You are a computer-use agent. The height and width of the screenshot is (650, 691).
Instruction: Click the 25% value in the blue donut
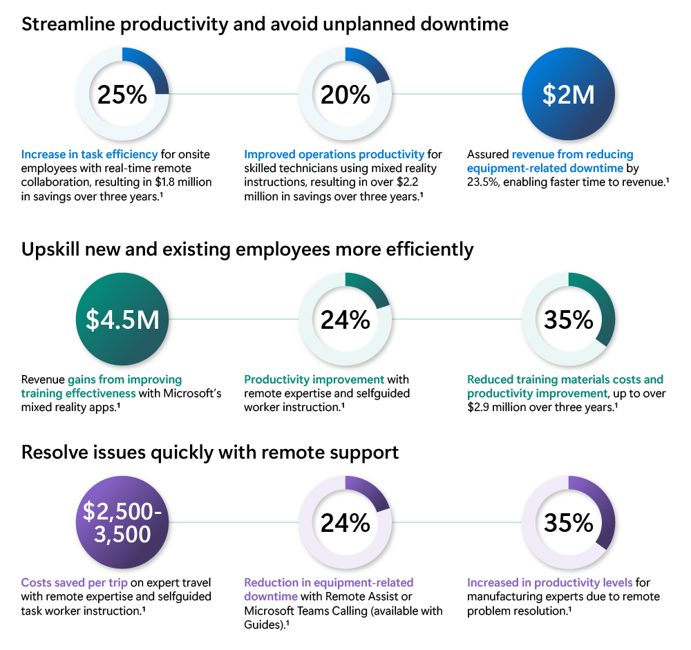122,95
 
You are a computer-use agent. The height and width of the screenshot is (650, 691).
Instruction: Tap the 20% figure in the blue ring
345,95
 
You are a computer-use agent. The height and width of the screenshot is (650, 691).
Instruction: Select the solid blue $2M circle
568,95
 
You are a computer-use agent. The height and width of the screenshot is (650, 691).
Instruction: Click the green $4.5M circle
122,320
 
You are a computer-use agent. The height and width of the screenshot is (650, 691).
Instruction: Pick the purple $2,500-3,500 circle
122,523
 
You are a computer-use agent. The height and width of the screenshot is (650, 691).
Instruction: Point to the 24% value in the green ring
345,320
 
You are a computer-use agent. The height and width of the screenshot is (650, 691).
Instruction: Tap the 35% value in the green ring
568,320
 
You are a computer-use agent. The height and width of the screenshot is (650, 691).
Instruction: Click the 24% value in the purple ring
345,523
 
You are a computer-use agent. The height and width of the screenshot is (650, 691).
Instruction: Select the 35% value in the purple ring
568,523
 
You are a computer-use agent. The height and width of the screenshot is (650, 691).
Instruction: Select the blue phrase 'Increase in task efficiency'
89,154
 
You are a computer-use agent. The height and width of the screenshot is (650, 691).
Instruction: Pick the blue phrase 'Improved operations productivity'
334,154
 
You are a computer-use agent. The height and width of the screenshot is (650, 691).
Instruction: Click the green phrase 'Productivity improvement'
314,379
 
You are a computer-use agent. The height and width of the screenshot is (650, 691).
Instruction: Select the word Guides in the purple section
262,624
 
